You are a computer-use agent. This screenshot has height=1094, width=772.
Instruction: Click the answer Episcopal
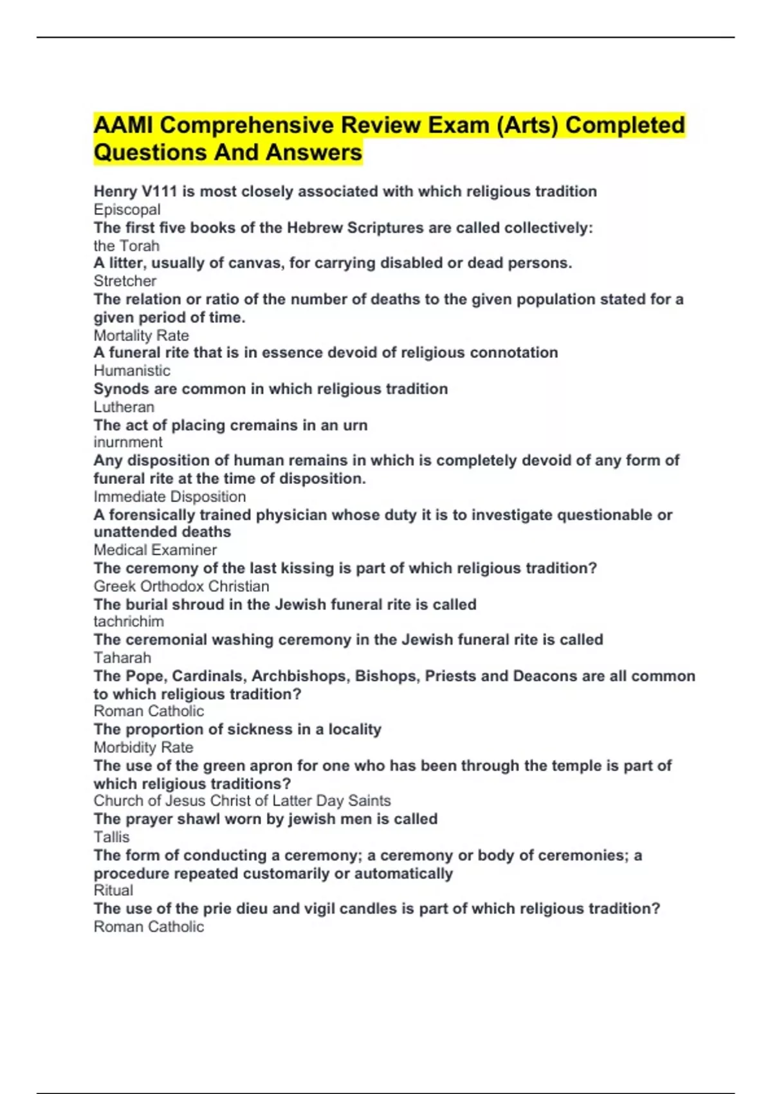tap(127, 210)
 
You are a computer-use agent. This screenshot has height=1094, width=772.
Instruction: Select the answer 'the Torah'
tap(126, 246)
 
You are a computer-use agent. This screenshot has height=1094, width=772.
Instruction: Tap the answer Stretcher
tap(125, 281)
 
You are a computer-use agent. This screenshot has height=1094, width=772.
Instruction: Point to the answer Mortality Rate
tap(141, 336)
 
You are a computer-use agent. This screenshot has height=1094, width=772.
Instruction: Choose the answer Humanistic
tap(132, 371)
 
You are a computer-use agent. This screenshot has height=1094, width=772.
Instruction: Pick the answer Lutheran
tap(124, 407)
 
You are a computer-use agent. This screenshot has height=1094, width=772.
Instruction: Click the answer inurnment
tap(127, 442)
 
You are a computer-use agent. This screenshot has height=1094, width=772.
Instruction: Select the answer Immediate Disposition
tap(169, 497)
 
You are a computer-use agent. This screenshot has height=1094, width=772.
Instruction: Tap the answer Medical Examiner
tap(155, 550)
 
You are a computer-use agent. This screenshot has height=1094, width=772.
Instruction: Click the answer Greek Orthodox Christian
tap(181, 586)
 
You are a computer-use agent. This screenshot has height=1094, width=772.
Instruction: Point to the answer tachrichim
tap(129, 622)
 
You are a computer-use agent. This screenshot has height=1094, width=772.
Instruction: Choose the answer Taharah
tap(122, 658)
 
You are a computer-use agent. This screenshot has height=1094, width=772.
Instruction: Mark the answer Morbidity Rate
tap(143, 748)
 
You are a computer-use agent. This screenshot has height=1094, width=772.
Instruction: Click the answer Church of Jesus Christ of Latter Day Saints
tap(242, 801)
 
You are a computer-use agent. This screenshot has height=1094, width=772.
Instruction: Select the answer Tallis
tap(111, 837)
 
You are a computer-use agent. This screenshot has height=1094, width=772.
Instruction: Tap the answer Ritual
tap(113, 891)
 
